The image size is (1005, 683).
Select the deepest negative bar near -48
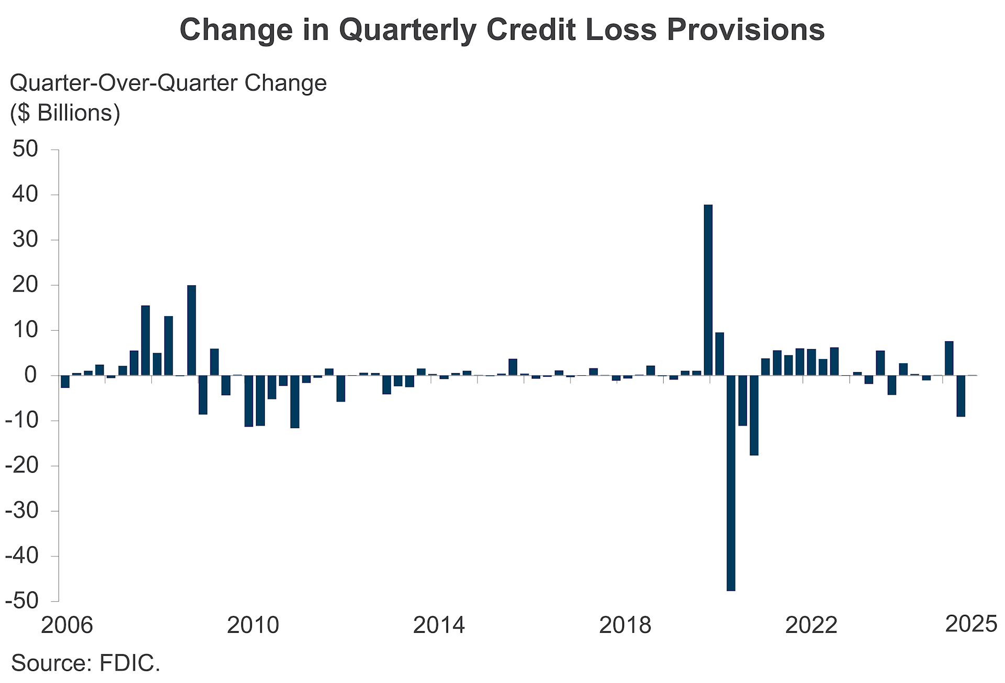731,483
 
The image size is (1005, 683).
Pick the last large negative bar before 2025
961,396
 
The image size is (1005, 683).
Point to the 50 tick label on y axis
26,149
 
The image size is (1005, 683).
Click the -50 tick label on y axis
22,600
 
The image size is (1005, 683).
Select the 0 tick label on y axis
31,375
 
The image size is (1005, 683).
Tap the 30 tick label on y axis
26,240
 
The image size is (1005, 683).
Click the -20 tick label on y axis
22,465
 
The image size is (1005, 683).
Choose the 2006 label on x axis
66,625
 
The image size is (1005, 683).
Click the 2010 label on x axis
253,625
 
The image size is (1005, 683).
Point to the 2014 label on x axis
439,625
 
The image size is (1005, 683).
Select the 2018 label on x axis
625,625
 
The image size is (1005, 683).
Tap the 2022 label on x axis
811,625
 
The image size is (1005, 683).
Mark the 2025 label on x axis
971,624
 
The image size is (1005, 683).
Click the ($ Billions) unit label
65,113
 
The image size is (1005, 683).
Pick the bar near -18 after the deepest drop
754,415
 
